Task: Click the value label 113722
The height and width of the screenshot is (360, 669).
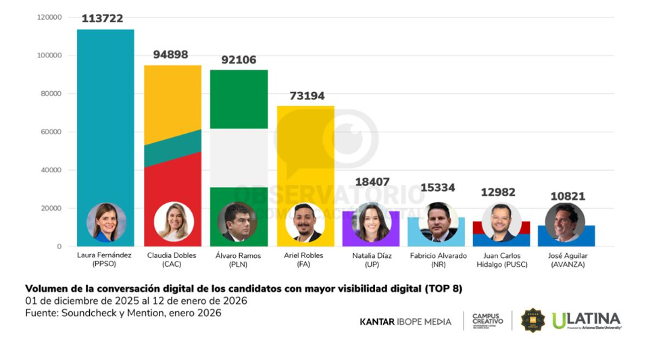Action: (x=102, y=19)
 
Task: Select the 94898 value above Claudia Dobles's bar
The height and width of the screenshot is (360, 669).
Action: (x=170, y=55)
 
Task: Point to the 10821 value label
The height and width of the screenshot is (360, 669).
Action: (x=566, y=197)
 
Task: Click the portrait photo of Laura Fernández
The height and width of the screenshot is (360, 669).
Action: (x=106, y=222)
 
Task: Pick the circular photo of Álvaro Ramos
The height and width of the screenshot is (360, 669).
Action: (x=237, y=222)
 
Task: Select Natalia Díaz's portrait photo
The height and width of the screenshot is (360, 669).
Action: (x=371, y=222)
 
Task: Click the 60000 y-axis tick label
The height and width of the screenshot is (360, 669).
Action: (x=51, y=132)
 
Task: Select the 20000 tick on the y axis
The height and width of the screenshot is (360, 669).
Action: (x=51, y=208)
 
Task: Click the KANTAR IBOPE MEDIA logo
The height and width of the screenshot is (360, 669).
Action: (x=405, y=322)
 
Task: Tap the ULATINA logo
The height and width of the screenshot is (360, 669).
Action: (x=586, y=320)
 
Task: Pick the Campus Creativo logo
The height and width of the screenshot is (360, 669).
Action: (x=487, y=320)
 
